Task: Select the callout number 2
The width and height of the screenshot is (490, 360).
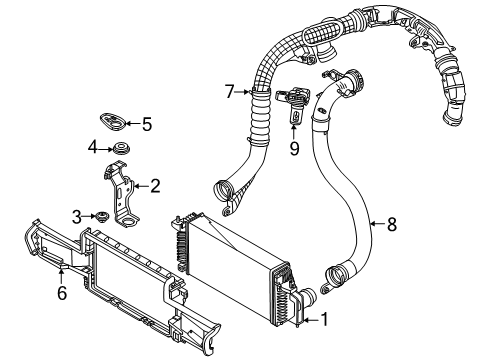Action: (155, 185)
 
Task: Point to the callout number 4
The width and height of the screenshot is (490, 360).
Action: (92, 148)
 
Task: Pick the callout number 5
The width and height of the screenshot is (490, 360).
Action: (146, 125)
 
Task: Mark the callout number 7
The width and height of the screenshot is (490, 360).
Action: (229, 91)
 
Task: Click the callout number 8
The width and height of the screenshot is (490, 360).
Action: (391, 225)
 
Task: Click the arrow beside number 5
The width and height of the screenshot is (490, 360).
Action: (130, 125)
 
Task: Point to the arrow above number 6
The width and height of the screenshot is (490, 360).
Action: (62, 275)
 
